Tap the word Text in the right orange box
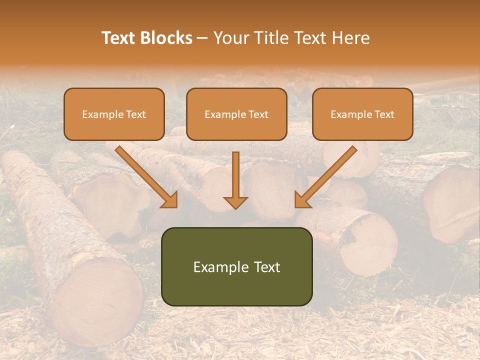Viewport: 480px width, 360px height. click(384, 114)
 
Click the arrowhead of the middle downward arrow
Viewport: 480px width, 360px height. click(235, 202)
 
